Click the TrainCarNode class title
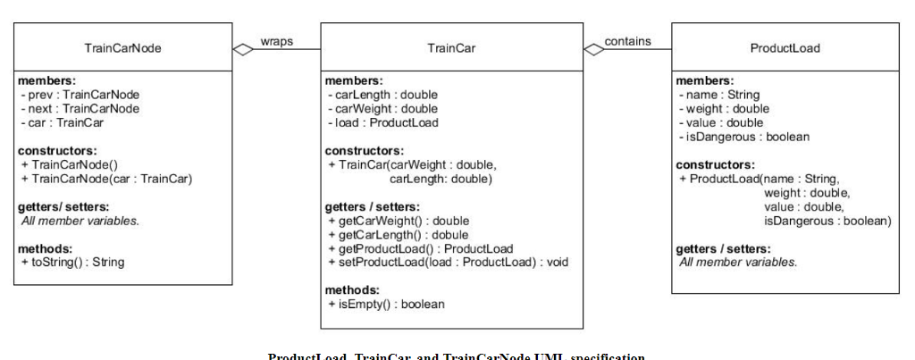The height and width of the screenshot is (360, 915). click(x=122, y=48)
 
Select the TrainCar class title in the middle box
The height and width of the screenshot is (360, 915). click(x=450, y=48)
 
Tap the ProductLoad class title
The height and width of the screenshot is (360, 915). click(x=785, y=47)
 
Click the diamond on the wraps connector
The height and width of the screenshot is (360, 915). click(x=243, y=49)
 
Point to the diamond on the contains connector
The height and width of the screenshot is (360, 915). click(x=593, y=49)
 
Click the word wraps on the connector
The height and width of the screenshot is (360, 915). click(x=277, y=41)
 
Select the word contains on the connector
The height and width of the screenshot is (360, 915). click(x=627, y=41)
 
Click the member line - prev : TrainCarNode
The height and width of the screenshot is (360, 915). click(x=80, y=95)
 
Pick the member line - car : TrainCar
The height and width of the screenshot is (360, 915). click(x=62, y=122)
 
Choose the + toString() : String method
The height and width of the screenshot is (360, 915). click(x=72, y=262)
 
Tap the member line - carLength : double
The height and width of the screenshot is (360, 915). click(x=383, y=95)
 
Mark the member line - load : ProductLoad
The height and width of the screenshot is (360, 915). click(x=383, y=122)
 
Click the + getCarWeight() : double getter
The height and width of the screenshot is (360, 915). click(x=399, y=221)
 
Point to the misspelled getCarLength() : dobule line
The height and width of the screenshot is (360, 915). click(x=399, y=234)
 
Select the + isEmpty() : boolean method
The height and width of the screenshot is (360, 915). click(x=387, y=304)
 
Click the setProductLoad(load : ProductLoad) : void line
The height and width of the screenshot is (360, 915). click(x=448, y=262)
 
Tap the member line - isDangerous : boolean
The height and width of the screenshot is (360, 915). click(x=744, y=137)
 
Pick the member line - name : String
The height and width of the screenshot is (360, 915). click(x=720, y=95)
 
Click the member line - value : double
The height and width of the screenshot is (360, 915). click(x=722, y=122)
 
